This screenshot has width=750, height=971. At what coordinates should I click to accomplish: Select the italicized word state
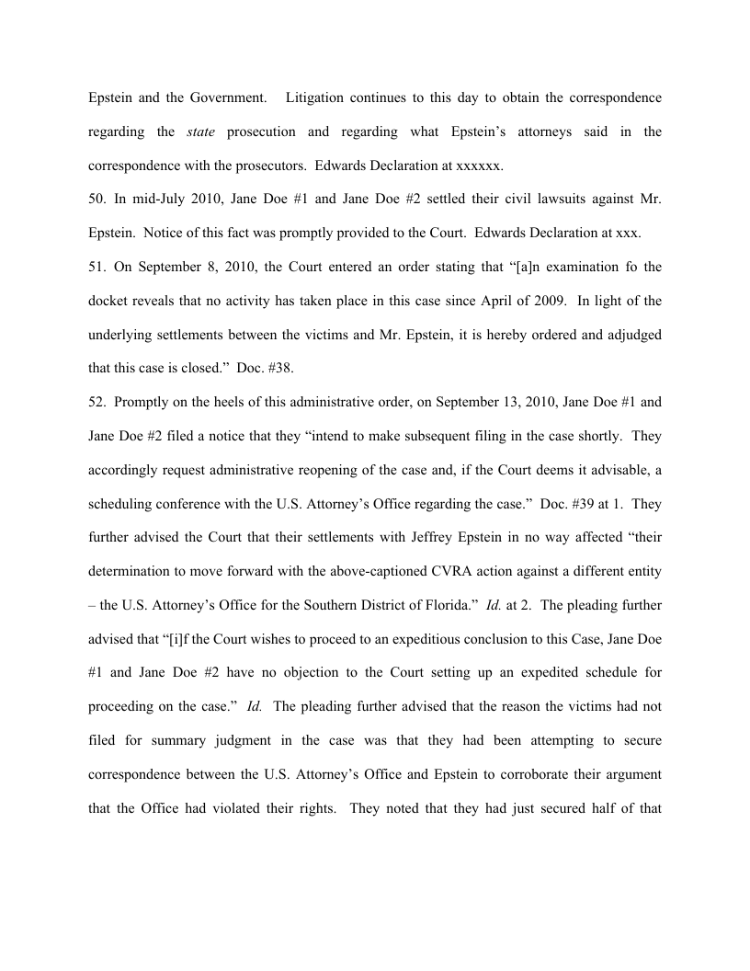coord(200,131)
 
